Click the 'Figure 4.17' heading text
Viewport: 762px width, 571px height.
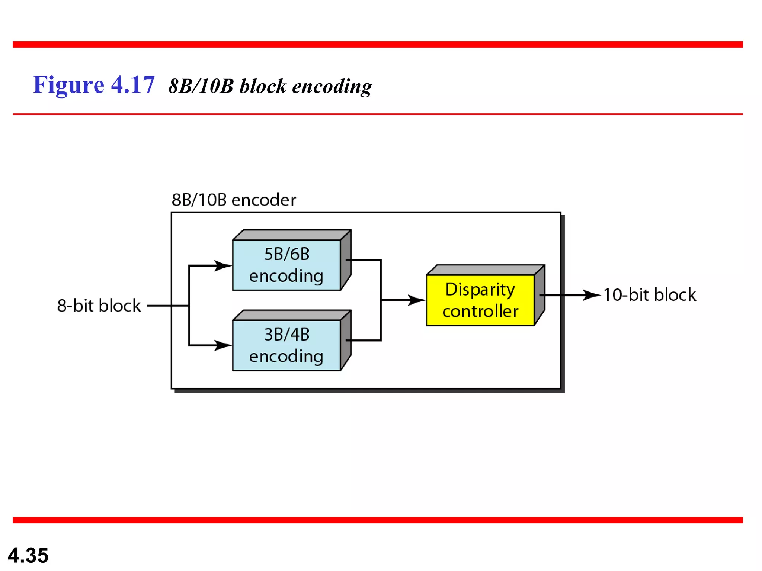coord(93,85)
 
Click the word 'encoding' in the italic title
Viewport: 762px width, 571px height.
coord(332,87)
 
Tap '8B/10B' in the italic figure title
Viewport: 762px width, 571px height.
coord(201,86)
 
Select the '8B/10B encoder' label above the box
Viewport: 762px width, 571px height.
coord(234,200)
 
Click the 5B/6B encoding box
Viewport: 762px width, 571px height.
coord(286,265)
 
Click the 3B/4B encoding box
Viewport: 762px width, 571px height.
coord(286,345)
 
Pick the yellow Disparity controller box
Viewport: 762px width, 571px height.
coord(480,300)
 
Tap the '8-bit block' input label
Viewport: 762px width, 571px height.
coord(99,306)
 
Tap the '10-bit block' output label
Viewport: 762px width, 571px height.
coord(649,295)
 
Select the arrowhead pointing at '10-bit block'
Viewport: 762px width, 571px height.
coord(592,295)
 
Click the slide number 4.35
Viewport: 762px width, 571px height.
coord(28,555)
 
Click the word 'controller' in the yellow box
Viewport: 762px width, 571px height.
coord(480,311)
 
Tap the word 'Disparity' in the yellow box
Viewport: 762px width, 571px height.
coord(480,290)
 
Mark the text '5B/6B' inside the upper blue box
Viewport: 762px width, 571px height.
coord(286,254)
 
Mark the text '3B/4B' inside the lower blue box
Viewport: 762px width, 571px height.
coord(286,335)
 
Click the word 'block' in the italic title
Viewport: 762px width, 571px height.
coord(263,86)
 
